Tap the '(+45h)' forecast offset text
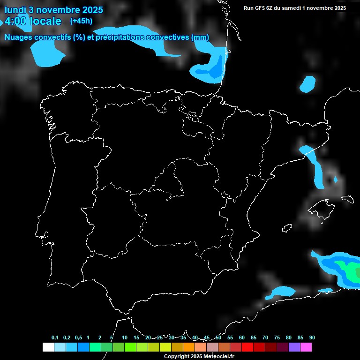click(81, 21)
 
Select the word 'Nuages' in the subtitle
click(19, 37)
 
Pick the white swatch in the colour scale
click(48, 347)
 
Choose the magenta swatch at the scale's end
click(306, 347)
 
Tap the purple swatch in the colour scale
click(294, 347)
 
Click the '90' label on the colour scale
click(312, 338)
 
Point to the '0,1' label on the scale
click(55, 338)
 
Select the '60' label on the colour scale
click(241, 338)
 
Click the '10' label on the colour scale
click(124, 338)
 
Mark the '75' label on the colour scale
click(277, 338)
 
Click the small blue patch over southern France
click(307, 83)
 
